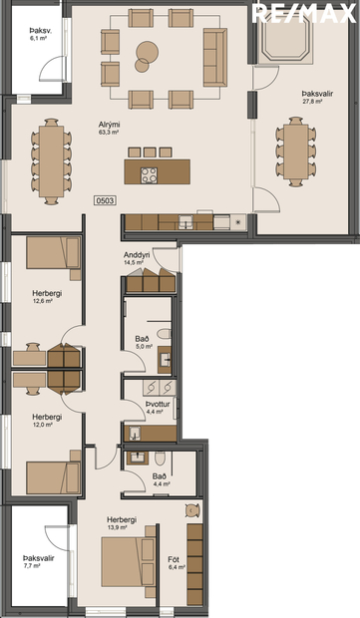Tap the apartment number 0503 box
click(105, 200)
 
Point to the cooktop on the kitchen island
click(150, 174)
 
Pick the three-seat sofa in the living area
click(213, 56)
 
